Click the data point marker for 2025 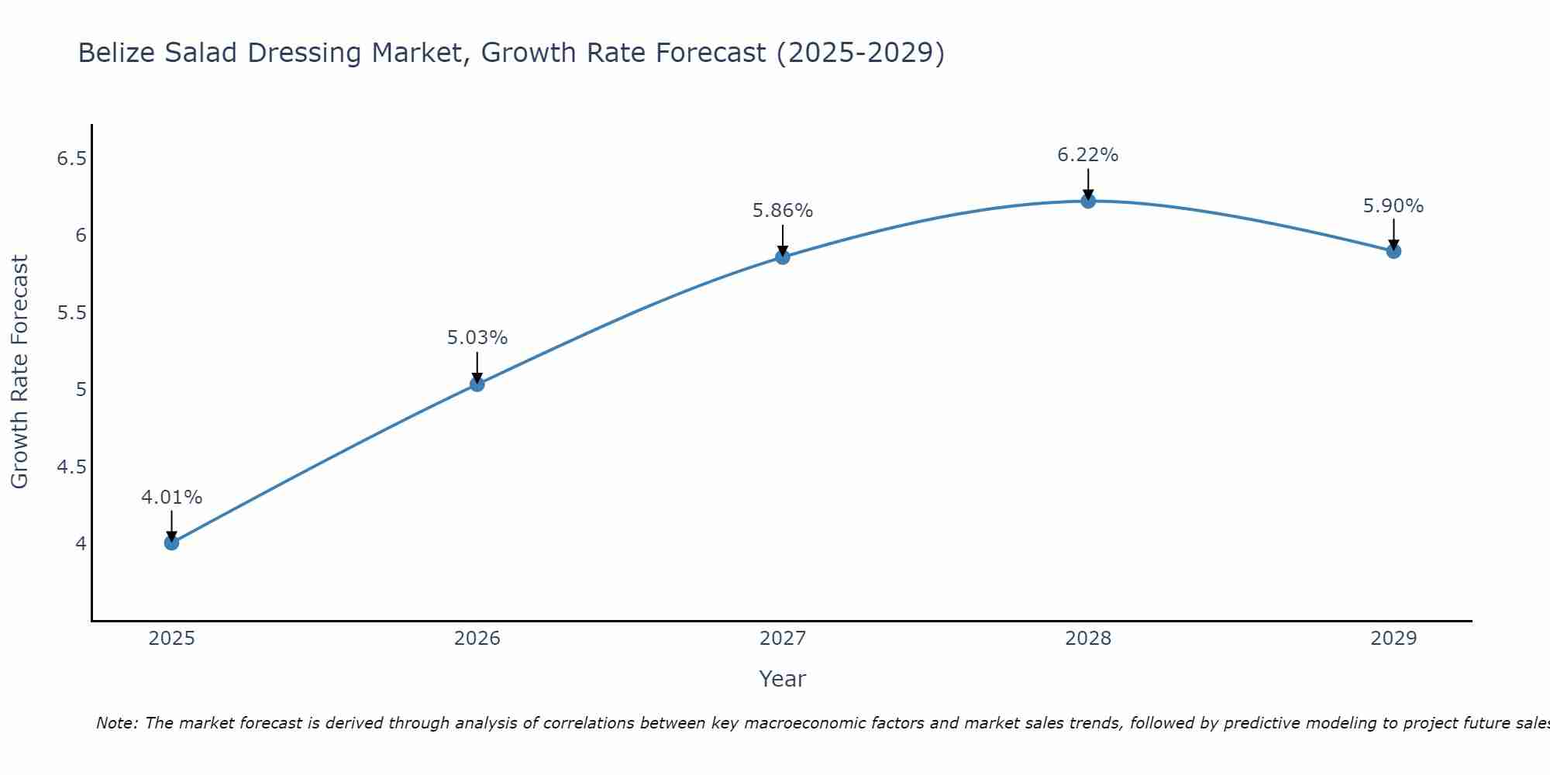[x=171, y=542]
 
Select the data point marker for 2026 [x=477, y=384]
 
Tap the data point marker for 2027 [x=782, y=257]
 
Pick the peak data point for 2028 [x=1087, y=201]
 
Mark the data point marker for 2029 [x=1393, y=251]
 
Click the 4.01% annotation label [x=171, y=498]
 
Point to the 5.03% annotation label [x=477, y=338]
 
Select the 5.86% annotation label [x=782, y=211]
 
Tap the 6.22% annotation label [x=1087, y=155]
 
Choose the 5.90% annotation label [x=1393, y=206]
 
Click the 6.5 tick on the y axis [x=71, y=159]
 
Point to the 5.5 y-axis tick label [x=71, y=313]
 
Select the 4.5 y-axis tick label [x=71, y=467]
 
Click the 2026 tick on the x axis [x=477, y=639]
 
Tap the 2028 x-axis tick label [x=1087, y=639]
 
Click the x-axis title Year [x=782, y=679]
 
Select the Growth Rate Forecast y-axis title [x=19, y=372]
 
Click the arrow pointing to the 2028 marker [x=1087, y=184]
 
